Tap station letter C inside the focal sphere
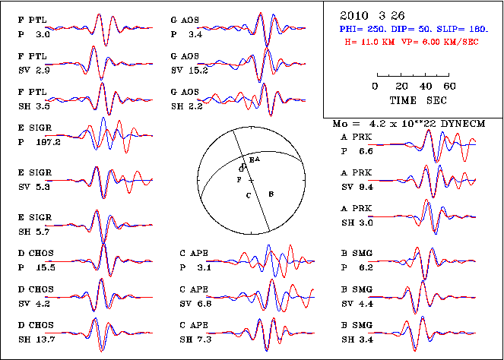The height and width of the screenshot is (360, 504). pyautogui.click(x=248, y=195)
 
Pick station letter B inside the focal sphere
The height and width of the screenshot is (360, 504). pyautogui.click(x=272, y=194)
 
